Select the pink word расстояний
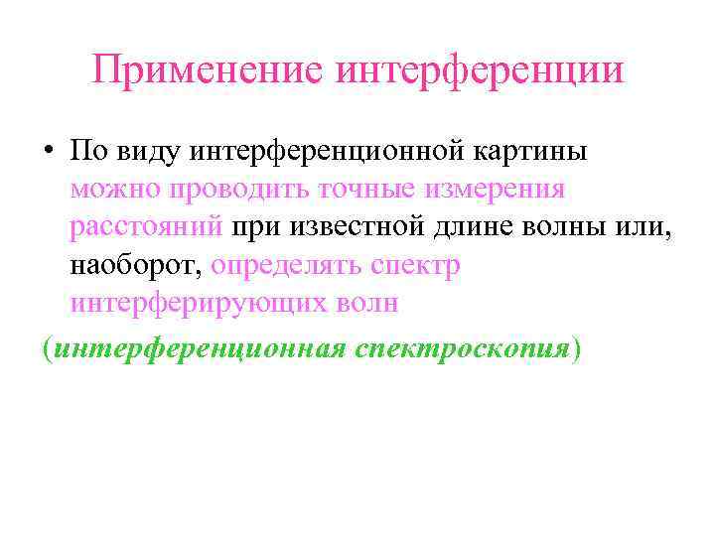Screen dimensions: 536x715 click(x=147, y=227)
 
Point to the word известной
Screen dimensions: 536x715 click(x=359, y=227)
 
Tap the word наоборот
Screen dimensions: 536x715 click(x=135, y=265)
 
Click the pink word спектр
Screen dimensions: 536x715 click(x=415, y=265)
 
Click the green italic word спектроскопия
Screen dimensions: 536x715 click(x=463, y=348)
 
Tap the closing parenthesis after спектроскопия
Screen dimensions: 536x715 click(x=579, y=348)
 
